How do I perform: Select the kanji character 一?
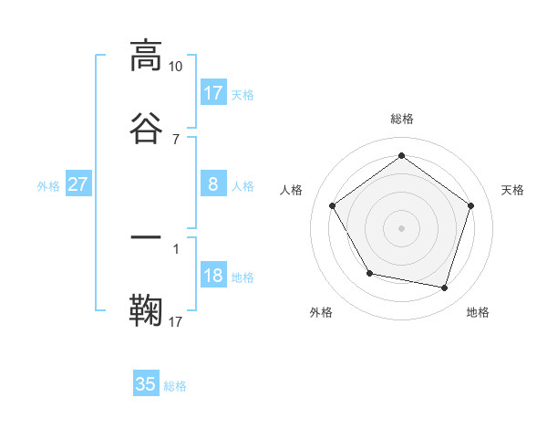click(x=147, y=237)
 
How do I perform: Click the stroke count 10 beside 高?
click(x=176, y=67)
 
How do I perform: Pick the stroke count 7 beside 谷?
click(x=176, y=139)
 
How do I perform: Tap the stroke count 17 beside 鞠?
click(x=176, y=321)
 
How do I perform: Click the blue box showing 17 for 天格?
click(x=213, y=93)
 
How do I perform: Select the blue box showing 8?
click(x=213, y=184)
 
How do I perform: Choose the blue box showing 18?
click(x=213, y=277)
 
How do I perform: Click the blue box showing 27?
click(x=78, y=184)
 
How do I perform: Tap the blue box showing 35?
click(x=146, y=384)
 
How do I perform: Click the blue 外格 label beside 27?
click(x=48, y=186)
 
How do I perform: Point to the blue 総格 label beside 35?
click(x=175, y=386)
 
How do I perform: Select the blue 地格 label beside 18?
click(x=243, y=277)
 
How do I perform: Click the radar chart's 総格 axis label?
click(x=402, y=120)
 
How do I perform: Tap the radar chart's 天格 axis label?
click(x=513, y=190)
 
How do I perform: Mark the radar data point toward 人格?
click(x=333, y=205)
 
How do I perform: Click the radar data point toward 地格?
click(x=445, y=288)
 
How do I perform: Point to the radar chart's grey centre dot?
click(x=402, y=227)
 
